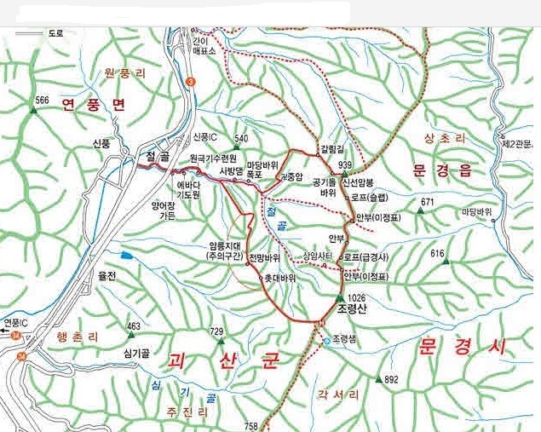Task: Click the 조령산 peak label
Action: [351, 309]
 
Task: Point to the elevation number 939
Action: [345, 165]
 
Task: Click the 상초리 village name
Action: [440, 138]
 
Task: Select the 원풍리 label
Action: [124, 74]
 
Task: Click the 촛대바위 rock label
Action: [280, 278]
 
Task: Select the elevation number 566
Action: [42, 101]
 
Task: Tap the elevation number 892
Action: [391, 379]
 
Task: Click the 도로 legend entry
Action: [56, 33]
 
